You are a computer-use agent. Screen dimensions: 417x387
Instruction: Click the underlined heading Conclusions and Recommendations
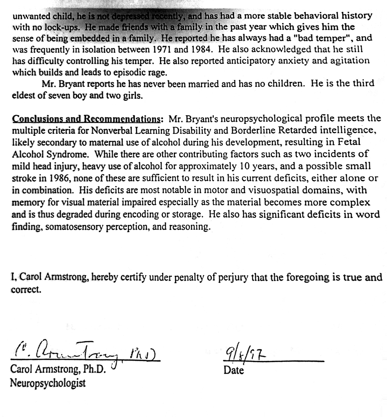[x=87, y=119]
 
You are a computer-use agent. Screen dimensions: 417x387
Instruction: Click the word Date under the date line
[x=234, y=370]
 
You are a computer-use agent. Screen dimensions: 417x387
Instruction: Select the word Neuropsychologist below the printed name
[x=48, y=383]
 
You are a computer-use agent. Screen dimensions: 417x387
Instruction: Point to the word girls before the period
[x=131, y=96]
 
